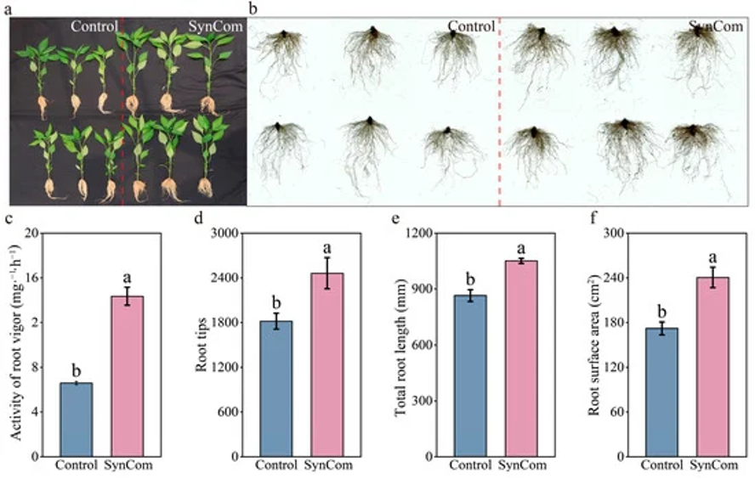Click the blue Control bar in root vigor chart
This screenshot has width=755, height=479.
tap(76, 420)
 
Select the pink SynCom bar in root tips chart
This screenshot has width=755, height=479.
tap(327, 365)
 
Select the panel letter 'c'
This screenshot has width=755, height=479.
tap(9, 218)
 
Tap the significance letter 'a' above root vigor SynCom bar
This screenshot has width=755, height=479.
tap(127, 277)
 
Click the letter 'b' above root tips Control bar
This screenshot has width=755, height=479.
tap(275, 301)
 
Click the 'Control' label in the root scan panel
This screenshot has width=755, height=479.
tap(471, 26)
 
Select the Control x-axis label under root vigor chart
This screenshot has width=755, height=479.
tap(76, 465)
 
